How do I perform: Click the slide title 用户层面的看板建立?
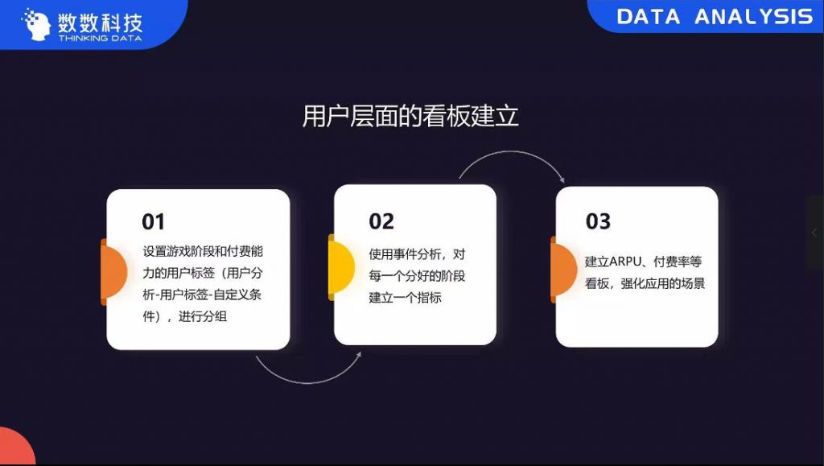[410, 116]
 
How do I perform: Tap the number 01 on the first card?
[154, 221]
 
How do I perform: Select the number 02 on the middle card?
[381, 221]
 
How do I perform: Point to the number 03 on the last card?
[598, 221]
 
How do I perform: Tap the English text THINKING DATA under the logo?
[100, 39]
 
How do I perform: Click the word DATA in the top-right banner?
[648, 17]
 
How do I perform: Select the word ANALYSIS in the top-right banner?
[754, 17]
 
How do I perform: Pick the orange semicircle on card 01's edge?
[114, 272]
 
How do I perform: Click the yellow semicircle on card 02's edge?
[341, 267]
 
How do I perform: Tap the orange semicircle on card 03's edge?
[563, 270]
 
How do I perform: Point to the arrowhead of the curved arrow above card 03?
[562, 180]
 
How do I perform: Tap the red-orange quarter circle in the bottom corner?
[16, 446]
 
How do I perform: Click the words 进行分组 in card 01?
[203, 316]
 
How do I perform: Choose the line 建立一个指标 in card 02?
[406, 297]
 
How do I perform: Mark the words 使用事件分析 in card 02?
[406, 254]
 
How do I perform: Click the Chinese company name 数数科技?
[100, 22]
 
